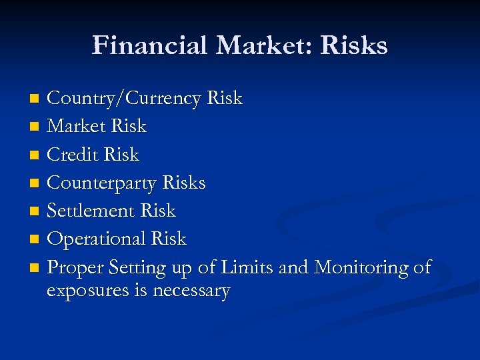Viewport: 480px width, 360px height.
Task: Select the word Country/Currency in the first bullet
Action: point(124,99)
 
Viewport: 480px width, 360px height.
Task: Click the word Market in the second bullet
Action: point(77,126)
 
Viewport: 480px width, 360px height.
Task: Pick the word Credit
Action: point(75,154)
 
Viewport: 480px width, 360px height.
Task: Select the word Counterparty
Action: point(103,183)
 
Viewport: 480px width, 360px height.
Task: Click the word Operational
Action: point(97,239)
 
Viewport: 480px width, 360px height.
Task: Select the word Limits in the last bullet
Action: point(248,267)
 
